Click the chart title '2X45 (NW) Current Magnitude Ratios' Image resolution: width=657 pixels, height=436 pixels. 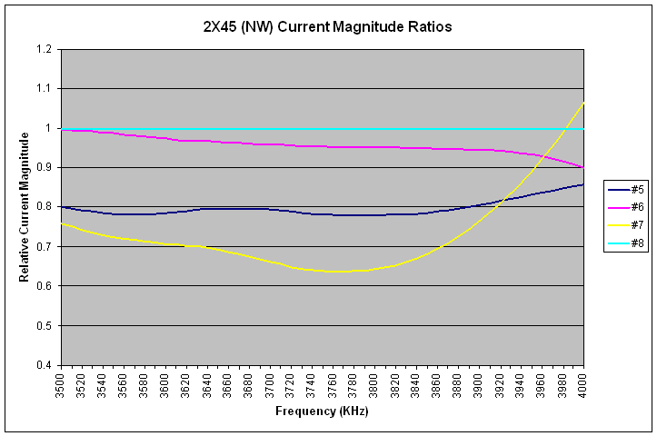click(328, 26)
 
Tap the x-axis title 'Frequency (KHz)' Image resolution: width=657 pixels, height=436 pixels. click(322, 411)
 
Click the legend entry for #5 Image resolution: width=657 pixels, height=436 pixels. click(622, 189)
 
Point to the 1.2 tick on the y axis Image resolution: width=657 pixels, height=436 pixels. click(45, 49)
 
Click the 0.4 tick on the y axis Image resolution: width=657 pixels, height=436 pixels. click(45, 365)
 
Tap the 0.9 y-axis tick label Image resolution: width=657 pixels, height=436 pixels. click(45, 167)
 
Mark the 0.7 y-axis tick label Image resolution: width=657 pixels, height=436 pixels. click(45, 246)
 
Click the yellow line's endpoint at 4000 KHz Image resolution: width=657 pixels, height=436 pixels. click(583, 102)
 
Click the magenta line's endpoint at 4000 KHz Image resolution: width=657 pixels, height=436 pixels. click(583, 168)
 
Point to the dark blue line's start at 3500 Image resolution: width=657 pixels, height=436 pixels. click(61, 207)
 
